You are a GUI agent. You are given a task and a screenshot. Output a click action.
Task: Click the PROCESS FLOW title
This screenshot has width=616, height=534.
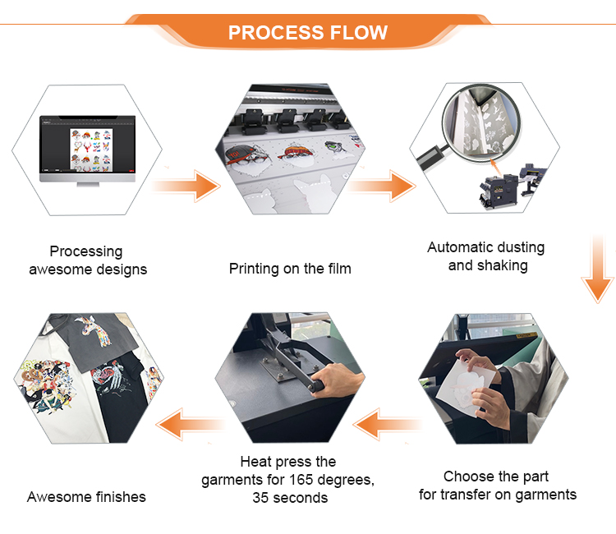click(x=307, y=33)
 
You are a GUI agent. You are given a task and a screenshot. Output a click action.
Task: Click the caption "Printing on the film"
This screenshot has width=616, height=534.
click(x=290, y=269)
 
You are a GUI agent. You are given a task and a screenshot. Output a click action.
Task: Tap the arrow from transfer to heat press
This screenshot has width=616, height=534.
click(x=386, y=424)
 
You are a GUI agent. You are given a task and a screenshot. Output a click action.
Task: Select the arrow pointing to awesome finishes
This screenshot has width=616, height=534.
click(x=190, y=424)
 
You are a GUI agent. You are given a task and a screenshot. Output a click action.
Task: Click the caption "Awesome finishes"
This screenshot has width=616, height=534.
click(x=86, y=497)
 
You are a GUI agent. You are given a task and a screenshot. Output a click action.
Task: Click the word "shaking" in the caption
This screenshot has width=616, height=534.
click(x=502, y=265)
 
